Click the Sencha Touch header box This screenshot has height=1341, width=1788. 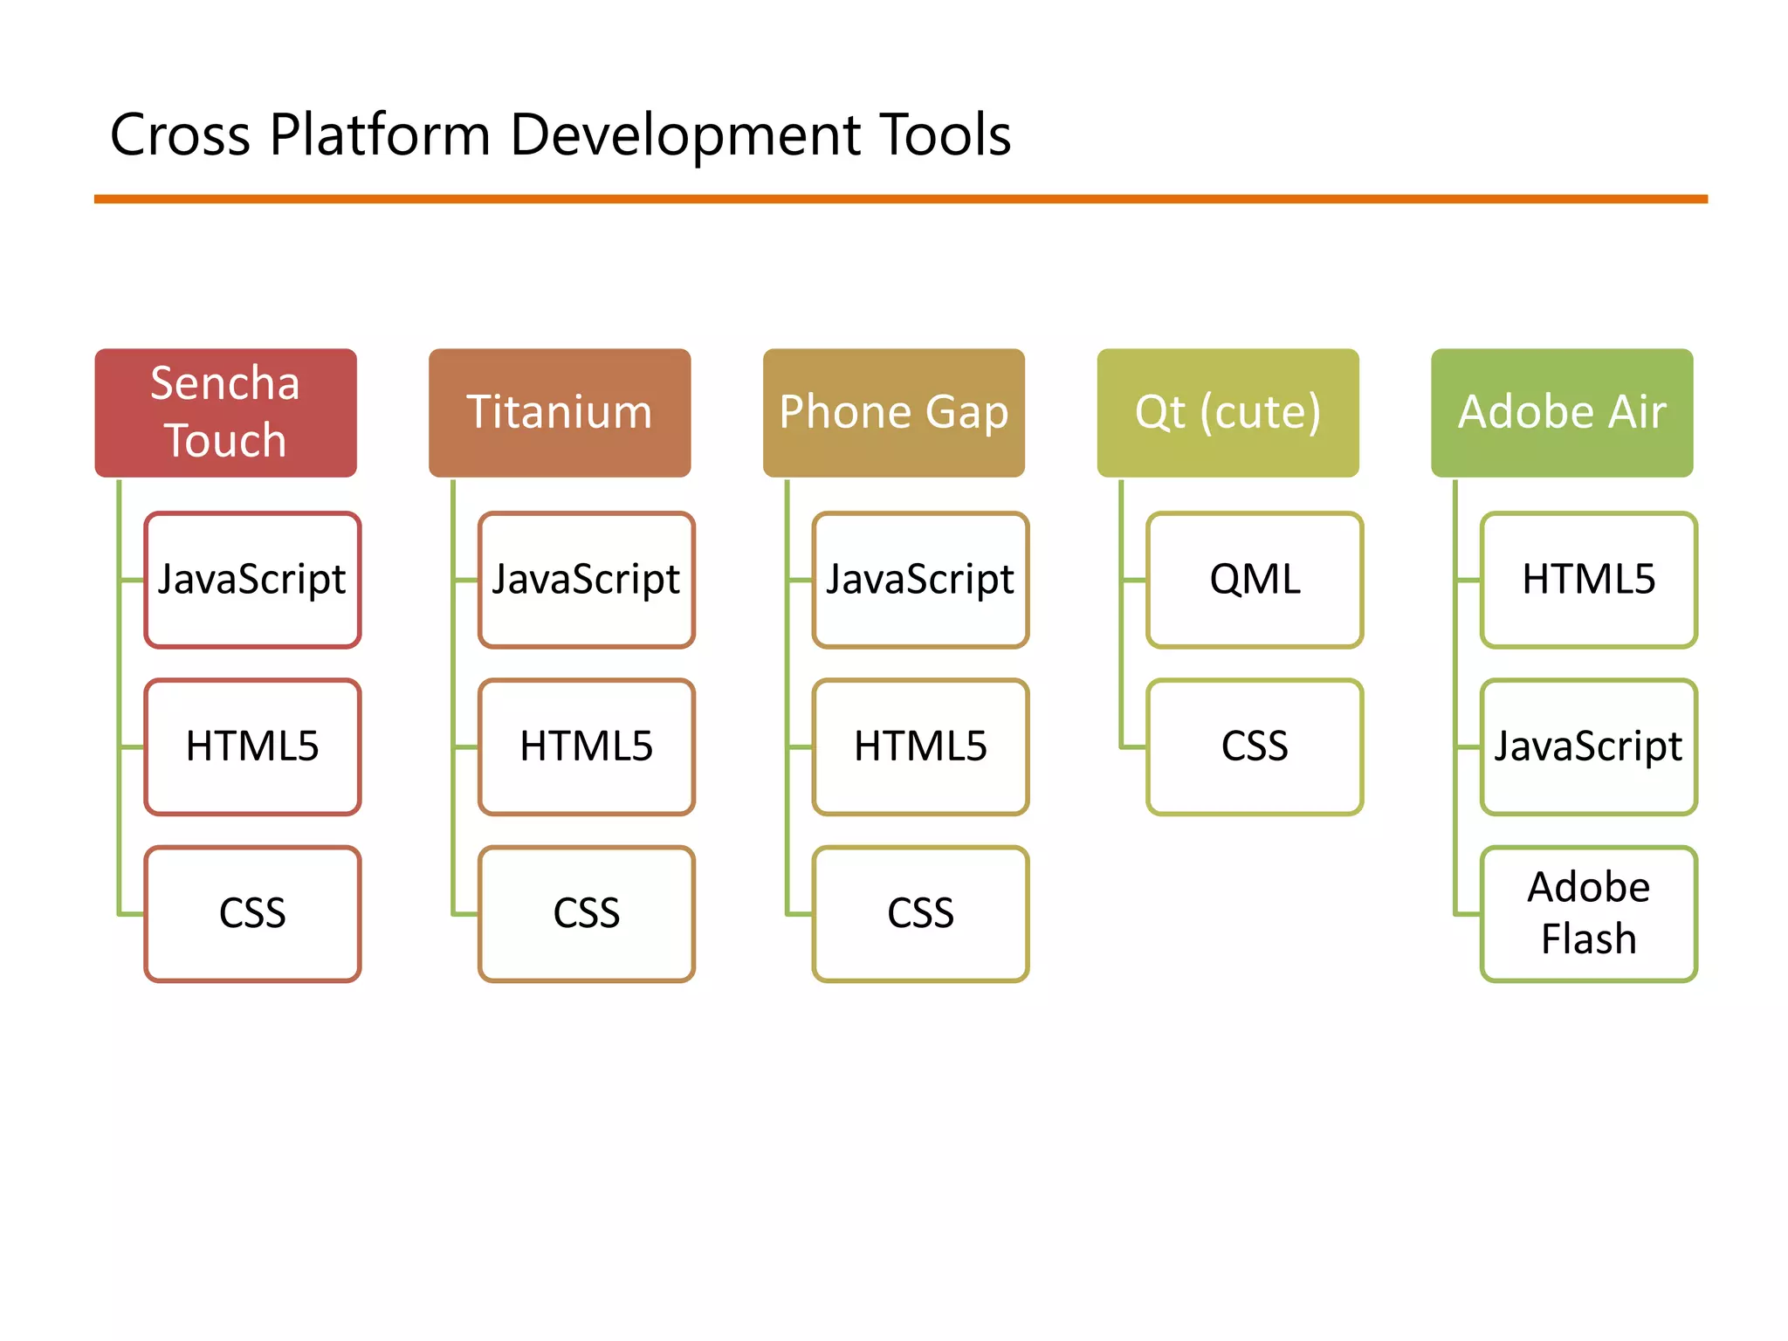(x=225, y=412)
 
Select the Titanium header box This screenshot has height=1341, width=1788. (x=560, y=412)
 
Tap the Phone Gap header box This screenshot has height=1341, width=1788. (x=893, y=412)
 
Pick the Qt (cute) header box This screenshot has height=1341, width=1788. (x=1228, y=412)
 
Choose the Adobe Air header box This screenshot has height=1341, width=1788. (x=1562, y=412)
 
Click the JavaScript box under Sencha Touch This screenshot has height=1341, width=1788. (x=252, y=580)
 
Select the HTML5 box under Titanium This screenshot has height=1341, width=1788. (x=587, y=746)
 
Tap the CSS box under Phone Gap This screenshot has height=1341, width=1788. (x=920, y=914)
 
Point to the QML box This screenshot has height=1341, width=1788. (x=1255, y=580)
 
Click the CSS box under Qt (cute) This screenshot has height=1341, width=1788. (x=1255, y=746)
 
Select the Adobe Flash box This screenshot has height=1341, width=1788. (x=1589, y=914)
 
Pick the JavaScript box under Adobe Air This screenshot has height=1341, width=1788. (x=1589, y=746)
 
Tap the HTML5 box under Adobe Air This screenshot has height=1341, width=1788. (x=1589, y=580)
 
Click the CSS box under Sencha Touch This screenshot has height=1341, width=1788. (x=252, y=914)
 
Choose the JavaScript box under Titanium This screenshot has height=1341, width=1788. (x=587, y=580)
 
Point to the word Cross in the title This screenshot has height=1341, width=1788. (x=180, y=136)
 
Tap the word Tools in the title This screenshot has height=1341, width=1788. (x=945, y=136)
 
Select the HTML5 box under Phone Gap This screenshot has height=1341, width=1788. (x=920, y=746)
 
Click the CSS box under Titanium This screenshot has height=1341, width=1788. (x=587, y=914)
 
